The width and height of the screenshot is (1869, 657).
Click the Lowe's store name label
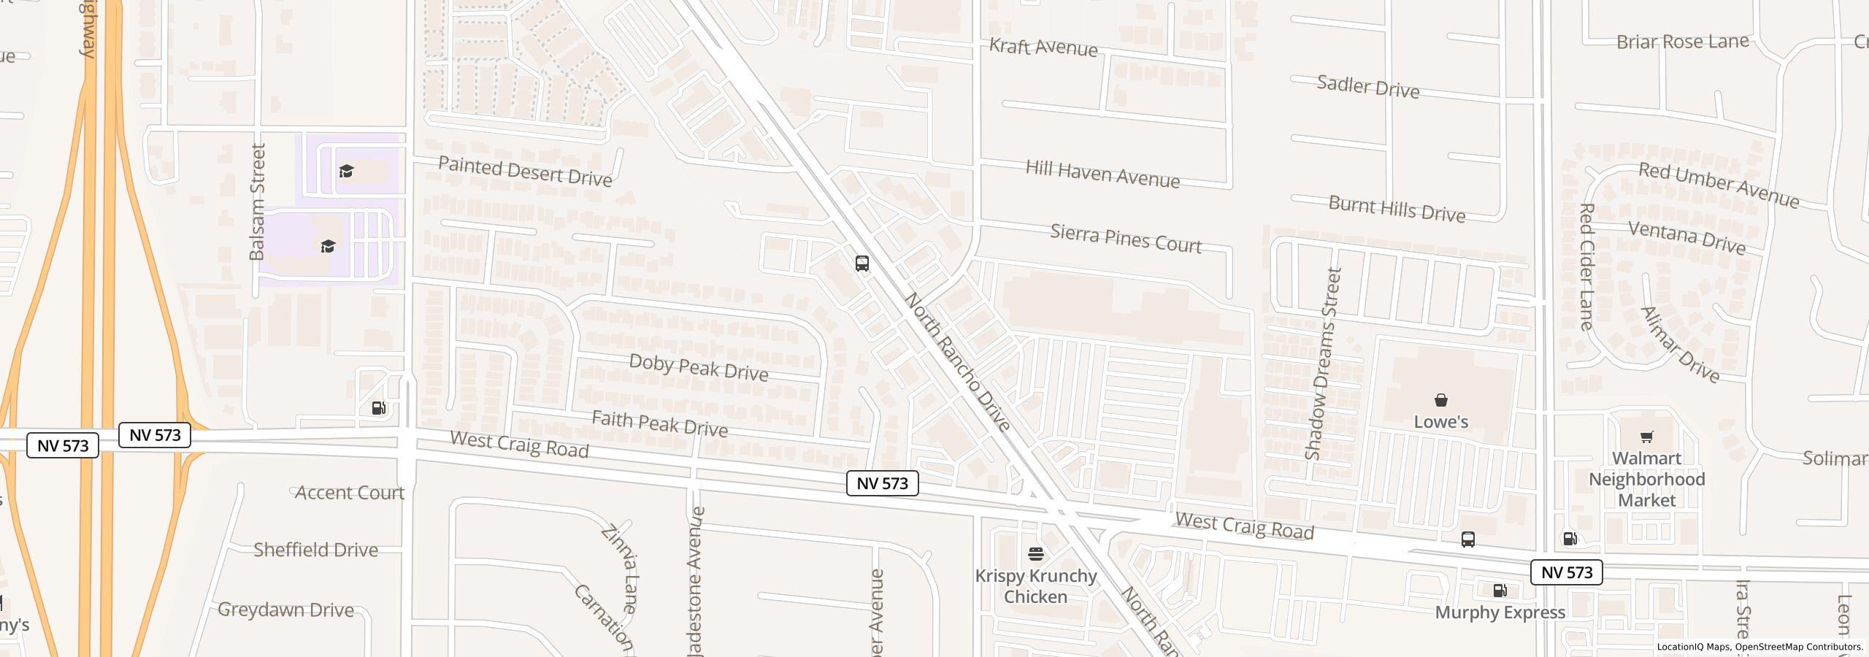click(x=1440, y=422)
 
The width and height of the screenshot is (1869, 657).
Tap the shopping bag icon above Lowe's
click(x=1440, y=400)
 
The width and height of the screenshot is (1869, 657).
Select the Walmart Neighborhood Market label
click(x=1646, y=479)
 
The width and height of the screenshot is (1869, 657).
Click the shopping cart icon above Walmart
click(x=1646, y=437)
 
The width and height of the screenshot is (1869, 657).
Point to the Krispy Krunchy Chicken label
click(x=1035, y=586)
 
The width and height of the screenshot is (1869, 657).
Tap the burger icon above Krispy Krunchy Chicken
click(x=1035, y=554)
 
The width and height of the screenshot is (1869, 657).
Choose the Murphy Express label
click(x=1500, y=612)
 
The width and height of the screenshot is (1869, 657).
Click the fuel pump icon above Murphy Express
click(x=1500, y=591)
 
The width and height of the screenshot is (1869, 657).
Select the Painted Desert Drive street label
click(x=525, y=172)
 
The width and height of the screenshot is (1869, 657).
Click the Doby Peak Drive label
click(x=698, y=367)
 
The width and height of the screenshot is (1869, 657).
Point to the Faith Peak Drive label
click(x=659, y=423)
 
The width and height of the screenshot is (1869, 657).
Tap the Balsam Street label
click(x=257, y=201)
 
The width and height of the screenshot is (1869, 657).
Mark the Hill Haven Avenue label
click(x=1102, y=174)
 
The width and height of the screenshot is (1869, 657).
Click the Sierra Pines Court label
click(x=1126, y=239)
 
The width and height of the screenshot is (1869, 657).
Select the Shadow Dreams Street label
click(x=1323, y=364)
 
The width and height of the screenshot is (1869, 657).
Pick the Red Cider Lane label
click(x=1586, y=266)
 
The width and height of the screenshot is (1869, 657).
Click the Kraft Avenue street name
click(x=1043, y=47)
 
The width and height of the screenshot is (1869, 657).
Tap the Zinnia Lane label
click(x=620, y=568)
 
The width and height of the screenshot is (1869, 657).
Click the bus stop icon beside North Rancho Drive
click(x=861, y=264)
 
